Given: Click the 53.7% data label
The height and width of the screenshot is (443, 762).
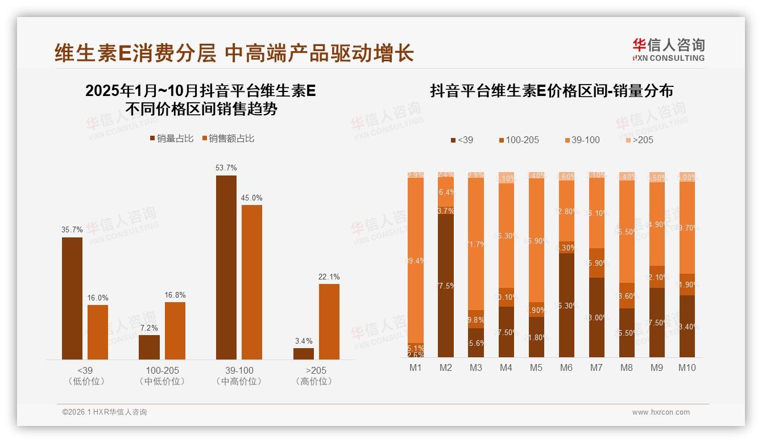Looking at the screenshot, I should [226, 168].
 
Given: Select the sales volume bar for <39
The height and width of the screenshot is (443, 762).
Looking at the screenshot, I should [72, 298].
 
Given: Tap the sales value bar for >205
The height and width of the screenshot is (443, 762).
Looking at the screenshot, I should [329, 321].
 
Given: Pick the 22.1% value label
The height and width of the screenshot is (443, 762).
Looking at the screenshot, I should [329, 277].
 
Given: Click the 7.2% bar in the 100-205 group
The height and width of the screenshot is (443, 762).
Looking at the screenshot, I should [149, 347].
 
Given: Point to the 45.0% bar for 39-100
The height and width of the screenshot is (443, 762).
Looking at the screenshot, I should [252, 282].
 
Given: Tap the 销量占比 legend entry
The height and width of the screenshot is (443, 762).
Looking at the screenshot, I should [171, 139].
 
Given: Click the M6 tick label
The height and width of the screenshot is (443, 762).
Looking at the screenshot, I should [566, 368].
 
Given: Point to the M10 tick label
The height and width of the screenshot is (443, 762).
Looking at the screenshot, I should [687, 368].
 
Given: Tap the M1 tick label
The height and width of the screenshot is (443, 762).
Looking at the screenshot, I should [416, 368].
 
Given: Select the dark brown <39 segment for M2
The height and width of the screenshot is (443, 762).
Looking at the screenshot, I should [446, 286].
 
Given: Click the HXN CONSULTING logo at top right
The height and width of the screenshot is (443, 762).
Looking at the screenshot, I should [668, 50].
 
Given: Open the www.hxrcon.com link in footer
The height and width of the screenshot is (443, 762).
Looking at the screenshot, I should [661, 412].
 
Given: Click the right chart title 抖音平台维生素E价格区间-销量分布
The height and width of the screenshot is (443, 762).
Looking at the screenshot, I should [552, 91].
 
